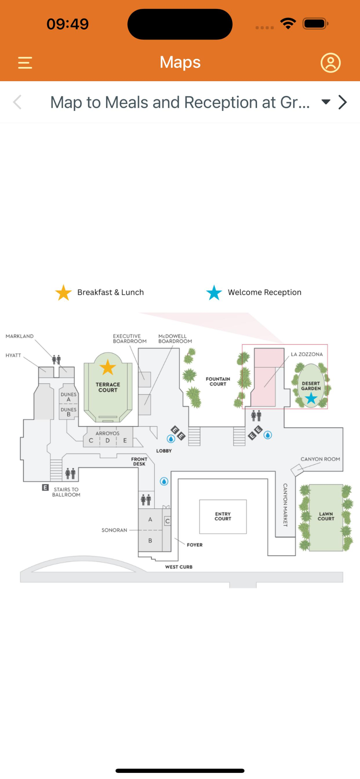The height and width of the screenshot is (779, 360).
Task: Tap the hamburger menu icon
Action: coord(25,63)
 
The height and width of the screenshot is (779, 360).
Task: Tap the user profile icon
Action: coord(330,63)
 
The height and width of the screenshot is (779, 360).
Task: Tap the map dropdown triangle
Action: coord(326,102)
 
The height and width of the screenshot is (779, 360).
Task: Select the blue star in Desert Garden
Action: coord(311,398)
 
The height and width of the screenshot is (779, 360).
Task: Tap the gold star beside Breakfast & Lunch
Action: coord(63,292)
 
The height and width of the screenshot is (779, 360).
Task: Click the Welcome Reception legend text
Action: coord(264,292)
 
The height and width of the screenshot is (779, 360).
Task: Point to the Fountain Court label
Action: coord(218,381)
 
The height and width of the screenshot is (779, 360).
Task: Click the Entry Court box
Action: coord(223,516)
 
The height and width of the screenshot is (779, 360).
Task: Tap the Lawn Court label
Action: coord(326,516)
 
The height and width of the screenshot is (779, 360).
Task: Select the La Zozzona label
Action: coord(307,354)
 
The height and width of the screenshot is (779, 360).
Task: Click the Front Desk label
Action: coord(139,461)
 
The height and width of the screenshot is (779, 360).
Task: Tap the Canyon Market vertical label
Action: coord(285,505)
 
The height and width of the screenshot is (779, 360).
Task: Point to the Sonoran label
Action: coord(114,530)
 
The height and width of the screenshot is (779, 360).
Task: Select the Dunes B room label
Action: coord(69,412)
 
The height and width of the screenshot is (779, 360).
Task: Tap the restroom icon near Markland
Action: coord(56,360)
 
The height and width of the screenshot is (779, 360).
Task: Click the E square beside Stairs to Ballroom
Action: coord(45,487)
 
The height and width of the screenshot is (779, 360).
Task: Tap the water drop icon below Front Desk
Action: coord(164,481)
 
